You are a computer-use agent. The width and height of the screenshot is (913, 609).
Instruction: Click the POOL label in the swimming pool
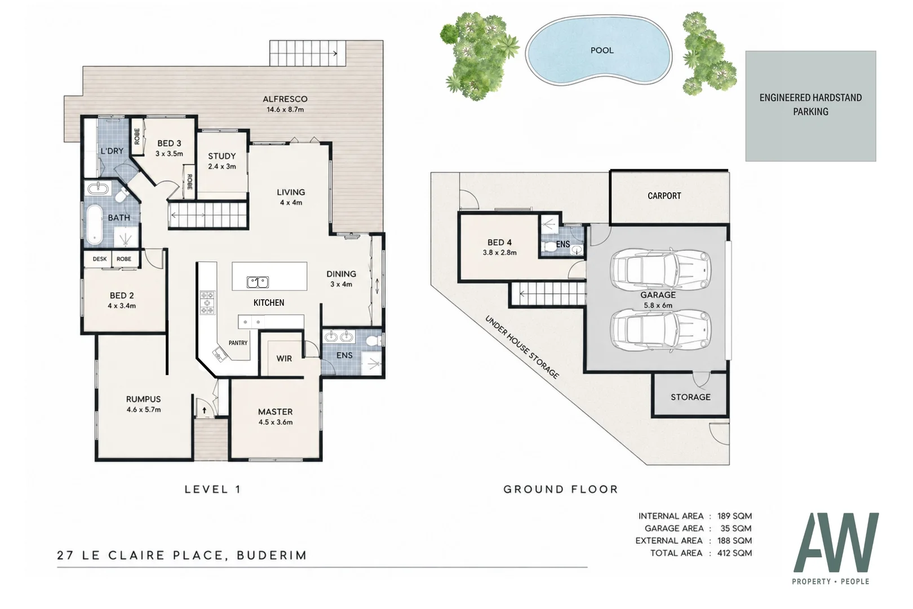(602, 51)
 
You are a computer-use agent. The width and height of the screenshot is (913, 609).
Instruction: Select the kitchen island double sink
(258, 282)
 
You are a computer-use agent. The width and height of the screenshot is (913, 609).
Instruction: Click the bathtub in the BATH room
(95, 224)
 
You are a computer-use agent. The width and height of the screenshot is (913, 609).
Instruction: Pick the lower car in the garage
(661, 329)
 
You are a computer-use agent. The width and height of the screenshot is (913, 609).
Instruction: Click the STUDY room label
(221, 156)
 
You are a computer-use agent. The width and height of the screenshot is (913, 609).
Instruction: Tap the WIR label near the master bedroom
(284, 359)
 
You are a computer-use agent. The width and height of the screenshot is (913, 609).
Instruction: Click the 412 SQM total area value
(734, 553)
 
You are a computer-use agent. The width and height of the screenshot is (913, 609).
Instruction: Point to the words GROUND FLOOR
(561, 489)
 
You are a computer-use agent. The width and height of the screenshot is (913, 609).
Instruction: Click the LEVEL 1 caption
(213, 489)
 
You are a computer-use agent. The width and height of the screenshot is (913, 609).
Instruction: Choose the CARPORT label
(664, 196)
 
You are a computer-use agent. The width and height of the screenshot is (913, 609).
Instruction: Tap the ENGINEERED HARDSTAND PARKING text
(810, 104)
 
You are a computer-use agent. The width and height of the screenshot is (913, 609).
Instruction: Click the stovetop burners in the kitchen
(207, 303)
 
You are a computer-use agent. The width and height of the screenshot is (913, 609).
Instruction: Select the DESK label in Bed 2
(99, 259)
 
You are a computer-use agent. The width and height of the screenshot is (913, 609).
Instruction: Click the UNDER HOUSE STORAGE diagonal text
(522, 347)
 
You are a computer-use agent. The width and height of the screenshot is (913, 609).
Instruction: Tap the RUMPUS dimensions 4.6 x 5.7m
(144, 409)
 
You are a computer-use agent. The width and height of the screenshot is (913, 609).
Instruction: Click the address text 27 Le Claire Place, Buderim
(182, 555)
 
